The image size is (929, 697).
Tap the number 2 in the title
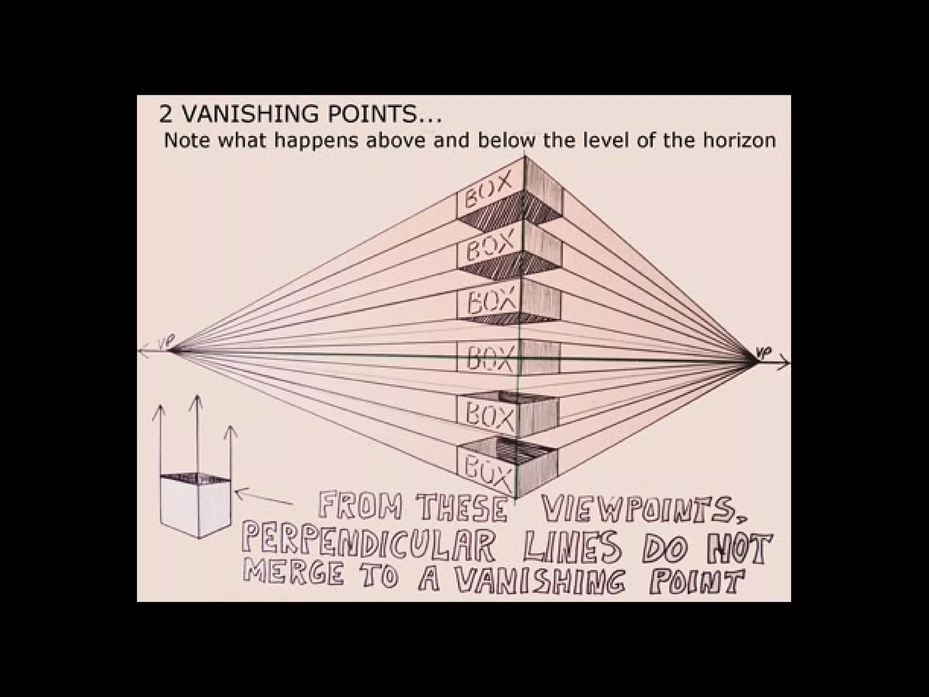pos(165,114)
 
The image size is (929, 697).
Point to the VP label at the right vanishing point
pos(763,353)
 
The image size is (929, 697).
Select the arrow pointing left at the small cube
pos(263,496)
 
